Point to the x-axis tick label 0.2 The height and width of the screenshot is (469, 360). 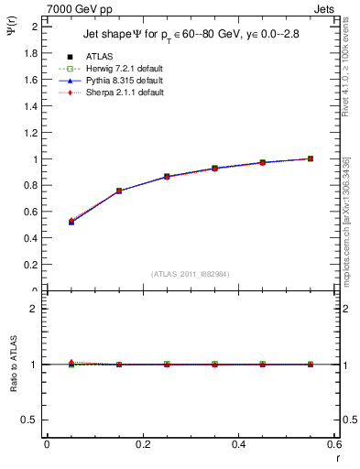[142, 443]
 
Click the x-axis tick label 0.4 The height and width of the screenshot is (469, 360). [238, 443]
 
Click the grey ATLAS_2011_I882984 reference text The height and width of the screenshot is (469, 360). [189, 274]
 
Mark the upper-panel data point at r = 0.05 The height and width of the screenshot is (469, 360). [71, 222]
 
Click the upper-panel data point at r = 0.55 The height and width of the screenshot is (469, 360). [311, 158]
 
